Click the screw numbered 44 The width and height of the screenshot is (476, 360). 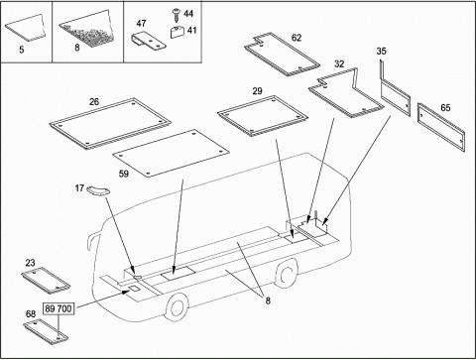(176, 15)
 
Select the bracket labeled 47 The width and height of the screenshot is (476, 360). (149, 41)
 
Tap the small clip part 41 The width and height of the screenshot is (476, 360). (178, 33)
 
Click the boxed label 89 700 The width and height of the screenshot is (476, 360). (59, 309)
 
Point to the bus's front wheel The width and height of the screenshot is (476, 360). (177, 307)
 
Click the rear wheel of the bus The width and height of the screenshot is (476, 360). (286, 274)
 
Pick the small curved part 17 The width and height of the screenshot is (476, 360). (97, 190)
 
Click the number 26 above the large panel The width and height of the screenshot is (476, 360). (94, 102)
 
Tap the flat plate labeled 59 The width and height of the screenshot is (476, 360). (171, 153)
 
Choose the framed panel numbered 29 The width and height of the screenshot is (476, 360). (263, 116)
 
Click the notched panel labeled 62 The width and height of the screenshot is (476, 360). (282, 54)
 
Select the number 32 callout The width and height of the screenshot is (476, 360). (339, 64)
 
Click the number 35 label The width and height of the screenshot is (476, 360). (381, 52)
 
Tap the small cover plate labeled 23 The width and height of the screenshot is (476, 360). (46, 281)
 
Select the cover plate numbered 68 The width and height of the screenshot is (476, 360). (46, 331)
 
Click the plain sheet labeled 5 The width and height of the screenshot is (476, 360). (26, 28)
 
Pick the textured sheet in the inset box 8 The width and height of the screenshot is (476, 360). (87, 29)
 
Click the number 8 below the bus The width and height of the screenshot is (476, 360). (268, 300)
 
